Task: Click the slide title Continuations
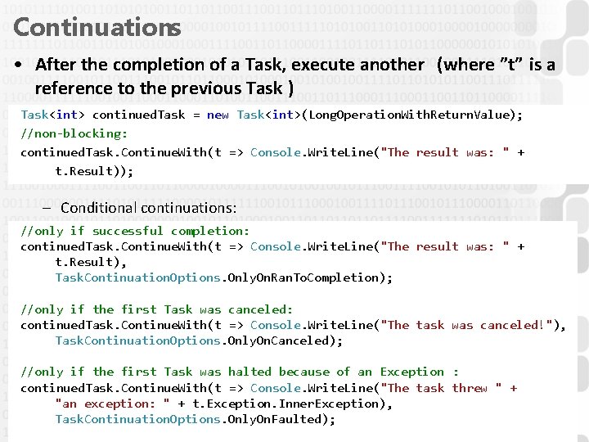click(x=97, y=27)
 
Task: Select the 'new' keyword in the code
click(x=218, y=115)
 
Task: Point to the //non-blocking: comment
click(x=74, y=133)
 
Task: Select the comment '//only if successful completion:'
click(x=135, y=231)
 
